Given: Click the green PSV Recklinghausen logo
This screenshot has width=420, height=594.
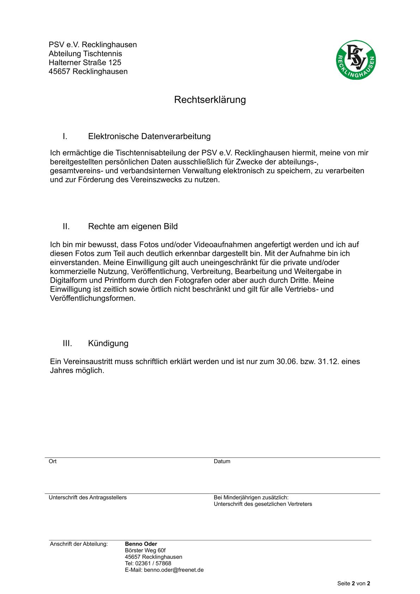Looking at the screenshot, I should pos(355,60).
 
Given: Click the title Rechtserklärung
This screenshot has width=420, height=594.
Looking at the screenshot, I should pos(210,100).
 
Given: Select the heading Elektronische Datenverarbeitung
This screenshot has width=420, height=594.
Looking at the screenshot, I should pos(149,136).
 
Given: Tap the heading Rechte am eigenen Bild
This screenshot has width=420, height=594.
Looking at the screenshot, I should pos(133,227).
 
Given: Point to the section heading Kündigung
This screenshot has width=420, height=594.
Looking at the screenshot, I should pos(108,343).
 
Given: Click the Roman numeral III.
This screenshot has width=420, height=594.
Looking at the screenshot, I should pos(67,343).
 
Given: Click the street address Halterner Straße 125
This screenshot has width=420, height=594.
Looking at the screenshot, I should pos(85,62).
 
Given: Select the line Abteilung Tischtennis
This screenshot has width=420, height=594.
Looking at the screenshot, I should pos(85,54).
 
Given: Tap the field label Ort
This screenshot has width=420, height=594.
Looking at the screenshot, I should pos(53,461).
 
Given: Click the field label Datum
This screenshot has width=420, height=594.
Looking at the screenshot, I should pos(222,461).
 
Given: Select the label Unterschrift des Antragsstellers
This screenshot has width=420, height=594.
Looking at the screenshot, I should pos(87,498).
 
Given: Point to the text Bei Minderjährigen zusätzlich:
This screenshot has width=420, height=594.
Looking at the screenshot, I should pos(251,498).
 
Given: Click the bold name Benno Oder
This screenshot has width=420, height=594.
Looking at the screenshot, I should pos(141,544).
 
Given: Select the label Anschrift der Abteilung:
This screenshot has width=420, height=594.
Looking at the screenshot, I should pos(79,544).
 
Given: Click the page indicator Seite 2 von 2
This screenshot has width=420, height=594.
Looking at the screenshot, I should pos(353,584).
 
